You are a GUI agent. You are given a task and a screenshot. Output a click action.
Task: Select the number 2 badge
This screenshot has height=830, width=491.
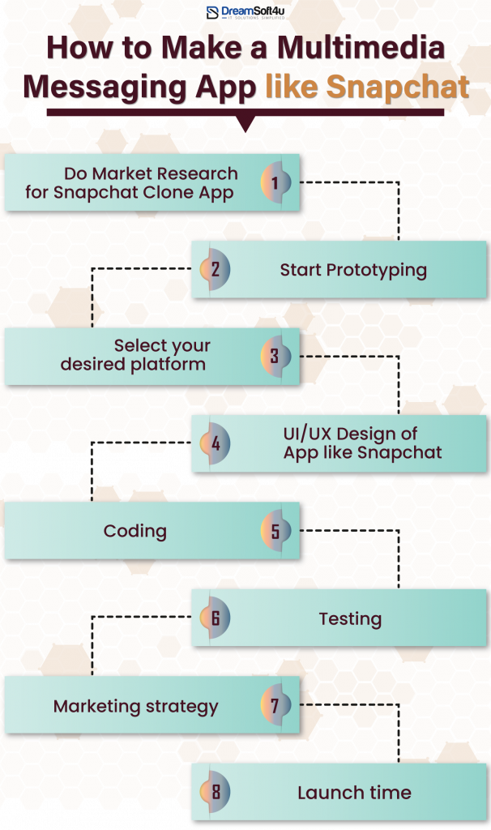(x=216, y=270)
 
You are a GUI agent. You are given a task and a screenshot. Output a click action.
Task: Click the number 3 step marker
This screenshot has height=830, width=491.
(x=275, y=357)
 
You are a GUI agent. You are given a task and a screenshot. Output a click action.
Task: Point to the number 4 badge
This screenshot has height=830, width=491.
(x=216, y=444)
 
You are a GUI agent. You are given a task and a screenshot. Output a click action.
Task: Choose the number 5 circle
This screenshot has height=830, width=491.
(x=275, y=531)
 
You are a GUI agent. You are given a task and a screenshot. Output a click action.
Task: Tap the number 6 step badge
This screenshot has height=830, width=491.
(x=216, y=618)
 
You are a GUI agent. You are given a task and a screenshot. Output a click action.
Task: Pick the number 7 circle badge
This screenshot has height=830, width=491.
(x=275, y=705)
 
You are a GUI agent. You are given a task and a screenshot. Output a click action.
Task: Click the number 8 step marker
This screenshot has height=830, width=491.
(x=216, y=792)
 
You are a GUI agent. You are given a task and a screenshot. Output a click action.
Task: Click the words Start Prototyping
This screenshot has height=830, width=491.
(x=353, y=270)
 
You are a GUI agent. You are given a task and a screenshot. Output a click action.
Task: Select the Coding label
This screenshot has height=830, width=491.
(x=135, y=531)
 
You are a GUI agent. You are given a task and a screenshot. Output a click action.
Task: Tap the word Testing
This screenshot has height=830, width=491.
(x=350, y=618)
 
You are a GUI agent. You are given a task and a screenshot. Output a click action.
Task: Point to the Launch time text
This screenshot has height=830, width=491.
(x=354, y=793)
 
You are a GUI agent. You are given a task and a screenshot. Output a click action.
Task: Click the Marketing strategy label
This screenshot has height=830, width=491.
(x=136, y=706)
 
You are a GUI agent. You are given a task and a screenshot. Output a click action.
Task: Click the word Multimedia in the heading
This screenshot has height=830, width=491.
(x=361, y=49)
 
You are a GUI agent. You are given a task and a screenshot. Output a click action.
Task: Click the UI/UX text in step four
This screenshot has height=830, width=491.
(x=306, y=434)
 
